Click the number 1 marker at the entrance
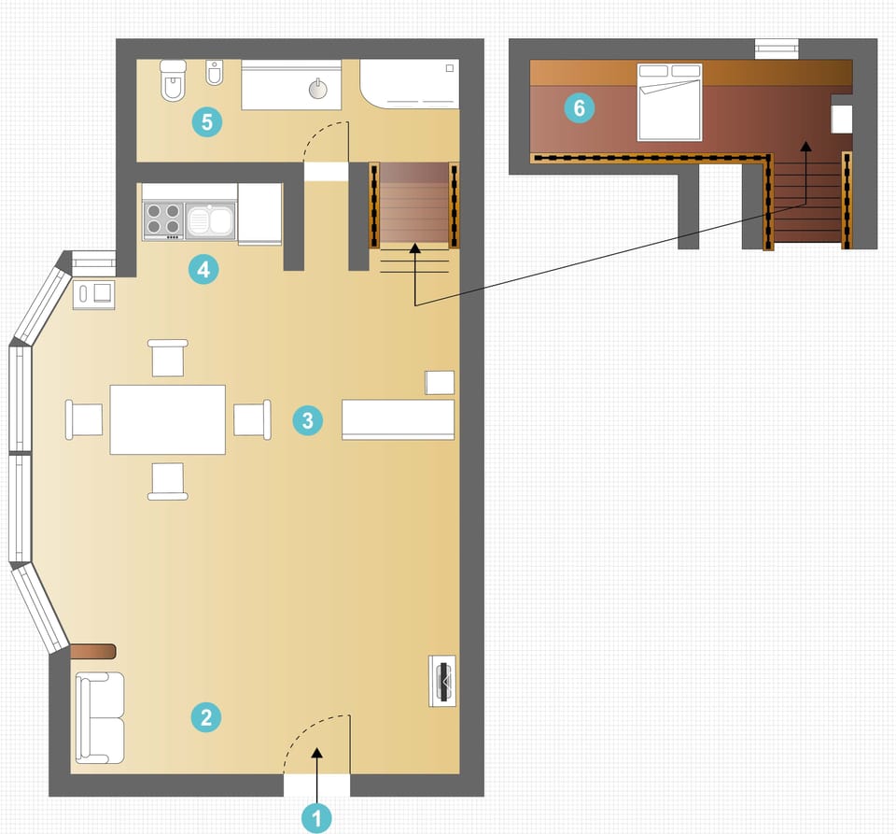[316, 819]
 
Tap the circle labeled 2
[205, 717]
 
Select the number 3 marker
[307, 420]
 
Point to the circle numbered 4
[203, 270]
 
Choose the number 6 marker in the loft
[579, 108]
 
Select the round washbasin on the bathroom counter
[318, 89]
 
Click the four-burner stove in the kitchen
[163, 219]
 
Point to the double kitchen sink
[210, 220]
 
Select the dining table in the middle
[168, 418]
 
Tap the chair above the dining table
[168, 358]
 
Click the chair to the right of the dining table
[252, 418]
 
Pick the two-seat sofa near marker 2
[99, 716]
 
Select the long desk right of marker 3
[398, 419]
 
